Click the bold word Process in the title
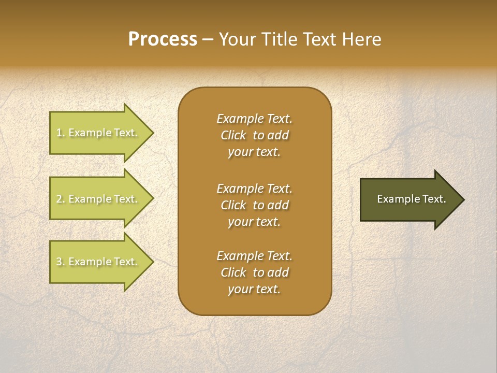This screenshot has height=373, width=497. (x=163, y=39)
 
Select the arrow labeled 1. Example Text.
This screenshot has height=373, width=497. (x=98, y=133)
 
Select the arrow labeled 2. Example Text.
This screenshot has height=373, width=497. (x=98, y=199)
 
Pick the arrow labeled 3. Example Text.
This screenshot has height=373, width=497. (x=98, y=262)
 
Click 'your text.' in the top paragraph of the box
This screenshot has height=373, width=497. (x=254, y=152)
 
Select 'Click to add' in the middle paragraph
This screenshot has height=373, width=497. (x=254, y=205)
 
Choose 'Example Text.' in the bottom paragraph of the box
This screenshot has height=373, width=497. (x=254, y=256)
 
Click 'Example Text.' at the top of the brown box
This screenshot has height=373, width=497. (x=254, y=119)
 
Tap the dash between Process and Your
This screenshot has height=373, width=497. (x=208, y=40)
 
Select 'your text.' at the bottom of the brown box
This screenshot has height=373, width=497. (x=254, y=289)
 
